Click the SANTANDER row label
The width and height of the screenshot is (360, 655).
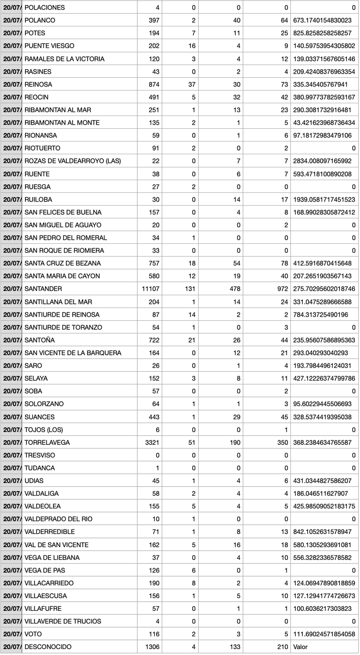[x=43, y=289]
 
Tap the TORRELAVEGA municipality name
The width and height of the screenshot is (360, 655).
[x=47, y=442]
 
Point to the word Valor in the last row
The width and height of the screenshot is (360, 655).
[x=301, y=646]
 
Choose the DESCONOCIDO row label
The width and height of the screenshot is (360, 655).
[x=48, y=646]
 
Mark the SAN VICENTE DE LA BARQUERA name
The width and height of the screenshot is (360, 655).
[x=73, y=353]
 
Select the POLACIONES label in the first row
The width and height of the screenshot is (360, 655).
[x=45, y=8]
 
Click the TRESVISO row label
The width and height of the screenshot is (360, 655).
[x=40, y=455]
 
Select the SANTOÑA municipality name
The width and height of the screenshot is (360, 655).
[x=40, y=340]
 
